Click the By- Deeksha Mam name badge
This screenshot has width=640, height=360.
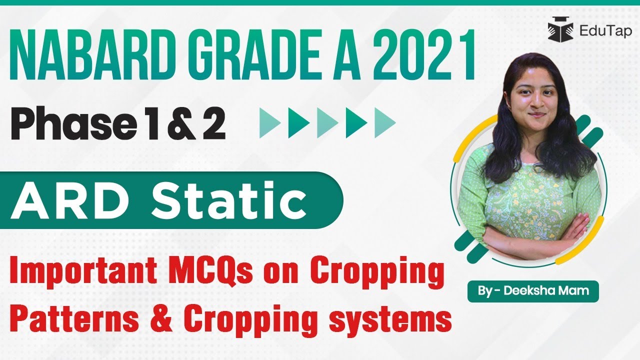pos(533,290)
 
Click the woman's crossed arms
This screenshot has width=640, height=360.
pos(540,230)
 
